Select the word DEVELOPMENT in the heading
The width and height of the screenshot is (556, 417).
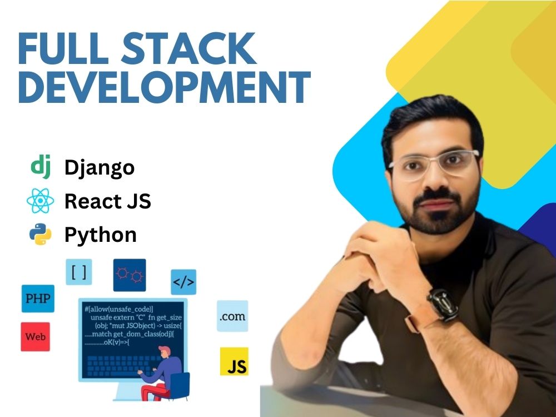point(164,87)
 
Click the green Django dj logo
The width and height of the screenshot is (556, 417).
point(41,166)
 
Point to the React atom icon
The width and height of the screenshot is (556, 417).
point(41,201)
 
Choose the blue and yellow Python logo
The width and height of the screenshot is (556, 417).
point(41,234)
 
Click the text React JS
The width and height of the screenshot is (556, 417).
point(108,201)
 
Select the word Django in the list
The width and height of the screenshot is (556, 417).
point(100,167)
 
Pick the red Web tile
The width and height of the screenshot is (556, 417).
point(35,337)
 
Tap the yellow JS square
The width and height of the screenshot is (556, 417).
point(234,361)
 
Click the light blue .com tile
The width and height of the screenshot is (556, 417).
point(232,316)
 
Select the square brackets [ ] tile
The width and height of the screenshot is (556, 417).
point(79,272)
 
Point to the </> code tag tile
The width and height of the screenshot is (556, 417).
point(183,282)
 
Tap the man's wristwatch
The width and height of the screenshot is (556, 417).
point(439,304)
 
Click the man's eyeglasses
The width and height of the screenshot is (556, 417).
point(434,165)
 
